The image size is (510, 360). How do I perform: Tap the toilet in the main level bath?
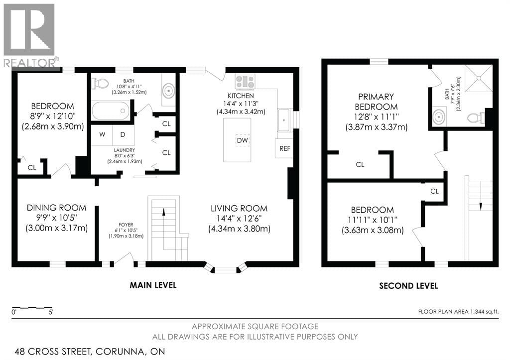coord(101,83)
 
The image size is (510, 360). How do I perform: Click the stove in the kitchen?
coord(245,82)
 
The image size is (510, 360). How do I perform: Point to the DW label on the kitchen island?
coord(242,140)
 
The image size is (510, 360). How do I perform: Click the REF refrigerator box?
coord(284,148)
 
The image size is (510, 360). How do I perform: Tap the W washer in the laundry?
coord(102,135)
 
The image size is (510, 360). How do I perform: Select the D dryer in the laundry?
coord(122,135)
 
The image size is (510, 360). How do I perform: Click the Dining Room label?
coord(56,208)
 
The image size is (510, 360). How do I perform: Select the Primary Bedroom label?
coord(376,102)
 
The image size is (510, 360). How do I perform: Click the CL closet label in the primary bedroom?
coord(360,164)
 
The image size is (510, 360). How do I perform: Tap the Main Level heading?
coord(153,285)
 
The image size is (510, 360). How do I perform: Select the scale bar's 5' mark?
coord(51,312)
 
